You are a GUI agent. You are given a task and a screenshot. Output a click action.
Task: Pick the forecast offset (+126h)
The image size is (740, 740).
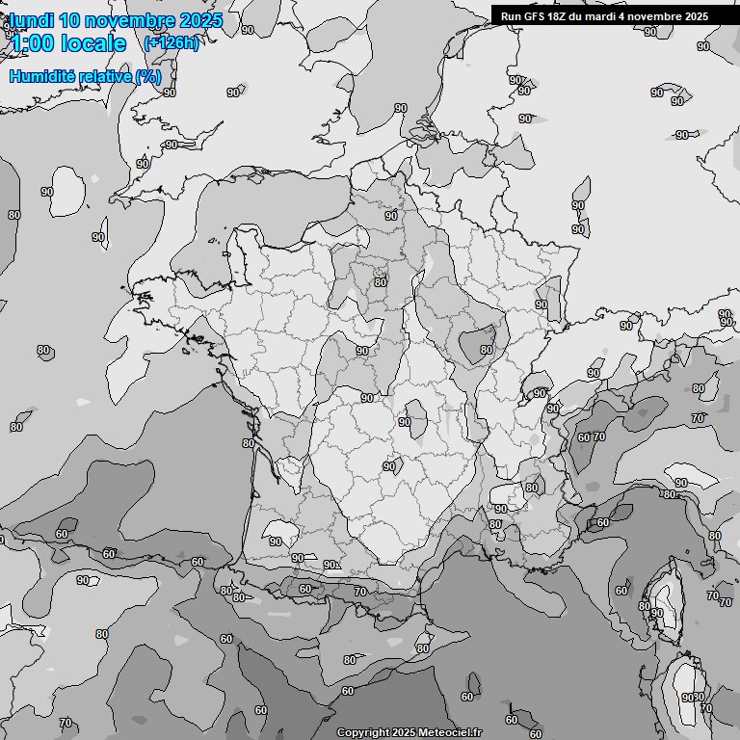point(171,43)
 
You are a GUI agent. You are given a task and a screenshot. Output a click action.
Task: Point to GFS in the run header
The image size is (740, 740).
point(534,15)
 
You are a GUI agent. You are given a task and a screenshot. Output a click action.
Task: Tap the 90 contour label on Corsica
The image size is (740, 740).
point(657,613)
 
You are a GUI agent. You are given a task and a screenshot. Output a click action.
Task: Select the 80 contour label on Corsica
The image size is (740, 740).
point(645,606)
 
